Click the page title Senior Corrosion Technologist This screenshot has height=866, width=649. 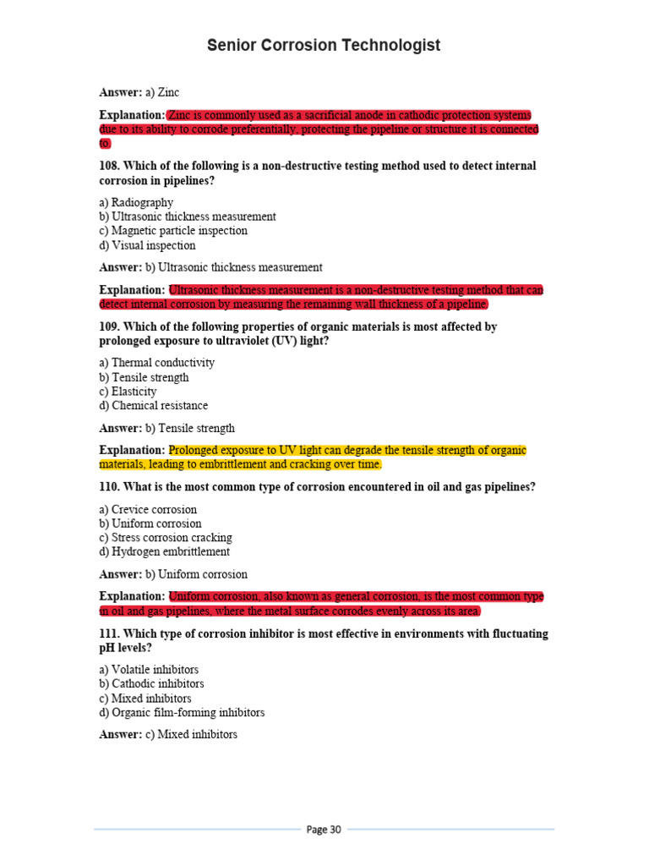tap(324, 46)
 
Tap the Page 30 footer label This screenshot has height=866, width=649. tap(324, 830)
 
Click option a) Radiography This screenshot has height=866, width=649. tap(136, 202)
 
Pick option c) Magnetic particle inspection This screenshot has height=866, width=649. tap(173, 231)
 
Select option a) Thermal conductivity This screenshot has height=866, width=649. tap(156, 363)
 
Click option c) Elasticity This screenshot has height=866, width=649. tap(128, 392)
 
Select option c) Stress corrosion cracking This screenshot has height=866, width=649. tap(166, 538)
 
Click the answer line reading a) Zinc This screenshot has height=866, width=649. tap(139, 92)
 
